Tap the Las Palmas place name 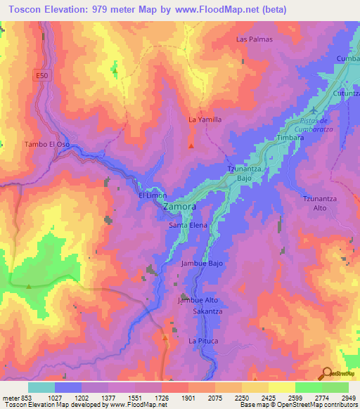pos(254,39)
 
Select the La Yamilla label pos(205,119)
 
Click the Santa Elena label pos(188,226)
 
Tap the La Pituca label pos(204,341)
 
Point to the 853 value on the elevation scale pos(25,398)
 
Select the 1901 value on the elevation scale pos(188,398)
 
